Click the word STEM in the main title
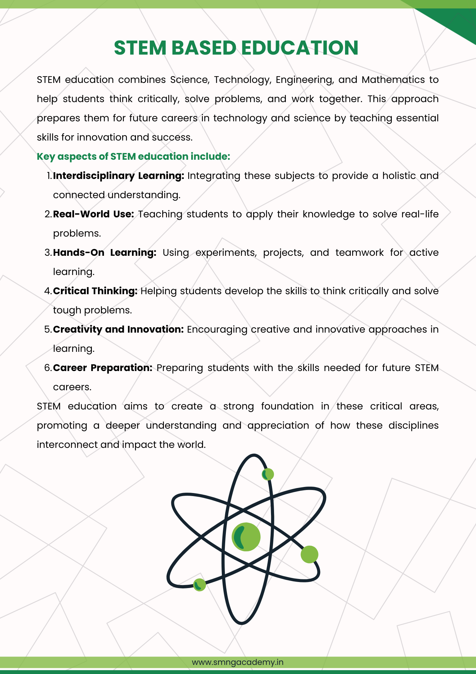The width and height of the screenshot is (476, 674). coord(140,48)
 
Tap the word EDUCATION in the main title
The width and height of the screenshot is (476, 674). coord(300,48)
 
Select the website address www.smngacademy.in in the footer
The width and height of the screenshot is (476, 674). coord(238,662)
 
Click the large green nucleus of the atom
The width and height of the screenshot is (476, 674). coord(246,537)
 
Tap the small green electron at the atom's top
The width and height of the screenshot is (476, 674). coord(268,474)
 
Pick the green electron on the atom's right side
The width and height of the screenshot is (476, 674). coord(309,554)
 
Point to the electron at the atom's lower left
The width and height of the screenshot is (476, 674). coord(199,585)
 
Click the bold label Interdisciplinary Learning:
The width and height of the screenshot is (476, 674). coord(118,176)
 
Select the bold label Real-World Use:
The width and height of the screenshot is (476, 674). coord(94,214)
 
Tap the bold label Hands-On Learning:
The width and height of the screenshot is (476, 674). coord(105,253)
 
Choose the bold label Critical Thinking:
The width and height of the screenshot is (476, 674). coord(95,291)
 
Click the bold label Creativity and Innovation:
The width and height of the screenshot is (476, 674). coord(118,330)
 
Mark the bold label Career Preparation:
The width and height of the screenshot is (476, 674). coord(103,368)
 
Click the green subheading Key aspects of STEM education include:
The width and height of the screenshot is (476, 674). coord(133,157)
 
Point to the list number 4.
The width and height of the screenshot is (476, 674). coord(47,291)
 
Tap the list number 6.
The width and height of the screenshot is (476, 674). coord(47,368)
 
